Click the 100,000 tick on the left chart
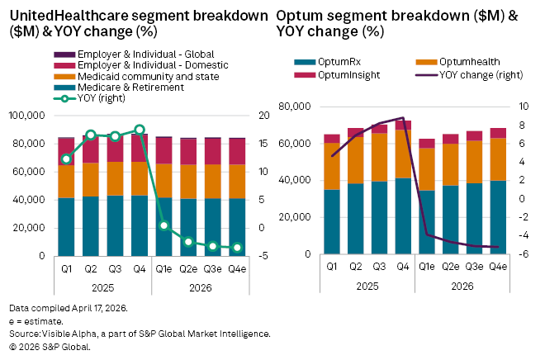tap(29, 116)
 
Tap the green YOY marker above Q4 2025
tap(140, 130)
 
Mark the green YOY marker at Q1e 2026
tap(164, 225)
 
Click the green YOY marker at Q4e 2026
tap(238, 248)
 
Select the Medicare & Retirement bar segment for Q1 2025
tap(66, 227)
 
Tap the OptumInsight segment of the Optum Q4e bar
tap(499, 133)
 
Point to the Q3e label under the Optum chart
tap(475, 267)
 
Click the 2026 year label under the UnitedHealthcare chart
tap(201, 288)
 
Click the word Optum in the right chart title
tap(298, 16)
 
